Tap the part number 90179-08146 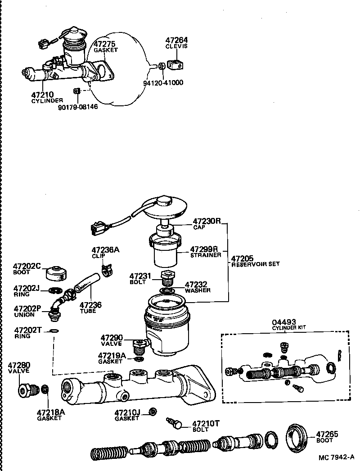[77, 107]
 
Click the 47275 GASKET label [105, 46]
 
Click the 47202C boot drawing [56, 273]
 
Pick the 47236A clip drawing [106, 271]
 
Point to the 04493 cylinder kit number [284, 322]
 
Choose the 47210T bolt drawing [174, 423]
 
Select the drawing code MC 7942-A [337, 457]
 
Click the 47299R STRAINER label [205, 252]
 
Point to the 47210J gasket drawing [153, 411]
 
